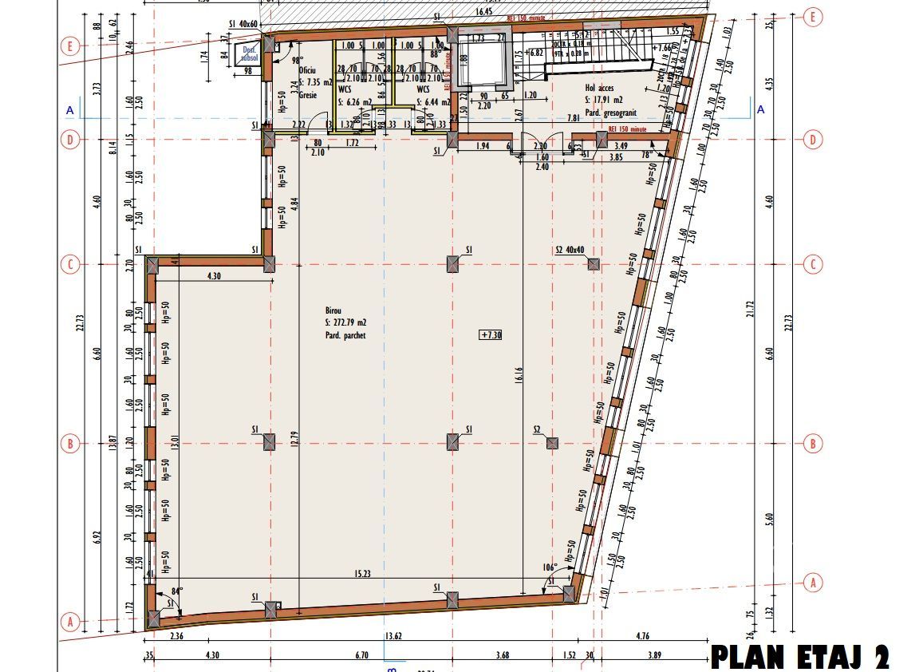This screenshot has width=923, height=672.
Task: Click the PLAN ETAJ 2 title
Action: click(x=799, y=658)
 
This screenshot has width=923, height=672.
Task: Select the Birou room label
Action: click(x=333, y=310)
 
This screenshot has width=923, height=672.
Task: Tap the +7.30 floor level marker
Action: click(x=491, y=335)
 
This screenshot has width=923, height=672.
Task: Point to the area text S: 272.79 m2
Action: click(x=346, y=322)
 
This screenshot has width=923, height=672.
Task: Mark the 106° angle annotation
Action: click(x=549, y=568)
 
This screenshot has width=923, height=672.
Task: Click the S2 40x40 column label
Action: click(x=570, y=250)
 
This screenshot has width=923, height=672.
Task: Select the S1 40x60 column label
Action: click(x=243, y=25)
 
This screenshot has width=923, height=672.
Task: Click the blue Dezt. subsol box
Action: click(x=247, y=54)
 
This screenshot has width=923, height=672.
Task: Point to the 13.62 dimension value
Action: click(x=392, y=637)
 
